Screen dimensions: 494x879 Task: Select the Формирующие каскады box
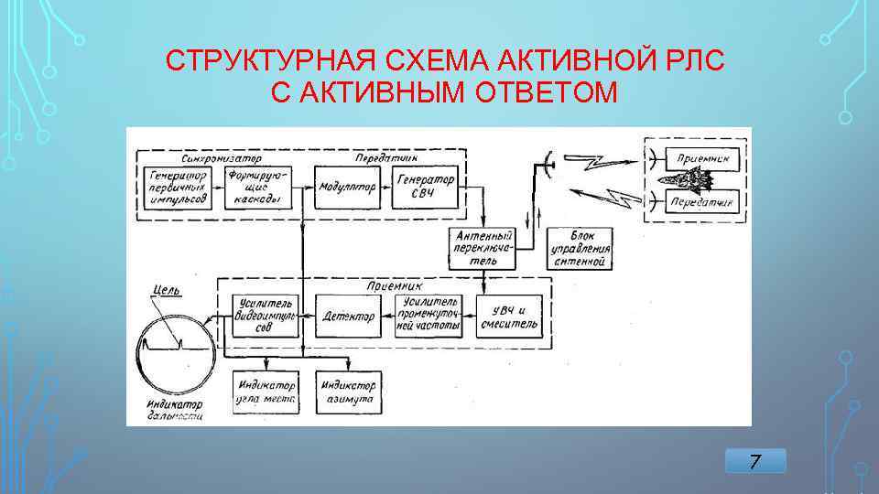click(255, 188)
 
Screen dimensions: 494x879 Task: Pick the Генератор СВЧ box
click(422, 188)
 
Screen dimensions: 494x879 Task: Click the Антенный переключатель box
click(483, 248)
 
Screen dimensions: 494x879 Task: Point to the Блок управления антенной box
click(580, 248)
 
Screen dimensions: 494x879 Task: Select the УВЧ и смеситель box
click(509, 316)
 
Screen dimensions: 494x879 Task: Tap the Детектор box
click(348, 317)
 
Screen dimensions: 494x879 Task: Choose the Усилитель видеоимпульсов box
click(263, 316)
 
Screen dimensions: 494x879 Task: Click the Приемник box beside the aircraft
click(700, 157)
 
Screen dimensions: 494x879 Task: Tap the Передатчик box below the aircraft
click(700, 201)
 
